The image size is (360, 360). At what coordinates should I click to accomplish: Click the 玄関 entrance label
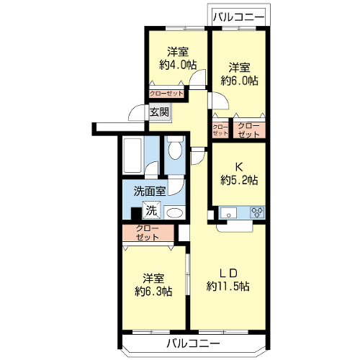159,112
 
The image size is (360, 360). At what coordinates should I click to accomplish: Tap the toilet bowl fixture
175,148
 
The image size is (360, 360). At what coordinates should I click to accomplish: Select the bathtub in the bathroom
132,156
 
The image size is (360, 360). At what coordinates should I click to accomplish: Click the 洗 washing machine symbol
151,210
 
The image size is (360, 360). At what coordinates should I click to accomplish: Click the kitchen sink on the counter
229,212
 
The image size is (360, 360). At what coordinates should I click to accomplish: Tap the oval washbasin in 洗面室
175,213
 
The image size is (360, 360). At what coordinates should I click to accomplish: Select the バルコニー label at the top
239,17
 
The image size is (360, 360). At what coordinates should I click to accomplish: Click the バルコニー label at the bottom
193,343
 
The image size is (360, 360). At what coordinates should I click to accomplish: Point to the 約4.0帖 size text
178,65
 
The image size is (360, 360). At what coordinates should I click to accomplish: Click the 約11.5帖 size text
228,286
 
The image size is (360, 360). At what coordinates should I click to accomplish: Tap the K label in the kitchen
239,167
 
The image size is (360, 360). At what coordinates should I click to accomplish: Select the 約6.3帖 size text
153,292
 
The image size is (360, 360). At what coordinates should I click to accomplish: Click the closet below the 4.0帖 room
166,94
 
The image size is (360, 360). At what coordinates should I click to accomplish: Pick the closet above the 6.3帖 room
148,233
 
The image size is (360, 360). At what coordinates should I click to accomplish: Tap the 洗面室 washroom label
149,192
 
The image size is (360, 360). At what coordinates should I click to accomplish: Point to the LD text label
229,273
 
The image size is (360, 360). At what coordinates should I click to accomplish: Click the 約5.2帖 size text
239,180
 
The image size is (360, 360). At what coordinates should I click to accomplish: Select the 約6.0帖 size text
239,81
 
